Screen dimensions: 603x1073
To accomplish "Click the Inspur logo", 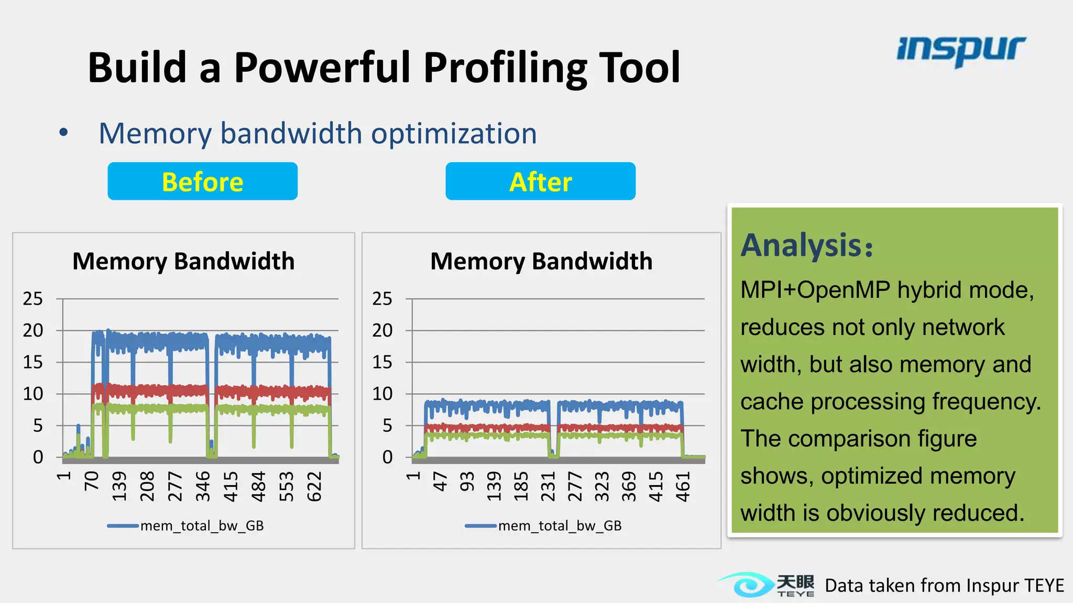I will click(x=961, y=50).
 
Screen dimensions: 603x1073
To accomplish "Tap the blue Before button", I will click(x=202, y=181).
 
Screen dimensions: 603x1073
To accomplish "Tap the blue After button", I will click(x=540, y=181).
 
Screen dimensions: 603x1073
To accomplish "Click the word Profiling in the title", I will click(x=505, y=68).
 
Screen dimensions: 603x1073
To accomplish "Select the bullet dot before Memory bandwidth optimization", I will click(x=63, y=132).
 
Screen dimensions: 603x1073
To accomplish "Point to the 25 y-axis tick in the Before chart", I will click(x=32, y=299).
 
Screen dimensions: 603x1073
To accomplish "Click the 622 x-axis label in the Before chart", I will click(x=314, y=486).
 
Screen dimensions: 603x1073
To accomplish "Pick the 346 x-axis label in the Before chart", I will click(x=203, y=486).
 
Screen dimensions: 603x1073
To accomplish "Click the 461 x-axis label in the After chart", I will click(x=683, y=486).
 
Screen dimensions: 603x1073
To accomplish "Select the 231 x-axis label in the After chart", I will click(x=548, y=486).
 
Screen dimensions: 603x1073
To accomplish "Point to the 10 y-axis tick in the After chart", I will click(x=382, y=394).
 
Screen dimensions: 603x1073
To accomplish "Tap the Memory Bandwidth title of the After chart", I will click(x=541, y=261).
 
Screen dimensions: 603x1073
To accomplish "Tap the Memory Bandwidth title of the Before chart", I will click(x=183, y=261).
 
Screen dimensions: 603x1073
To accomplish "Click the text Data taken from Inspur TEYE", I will click(x=944, y=585).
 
